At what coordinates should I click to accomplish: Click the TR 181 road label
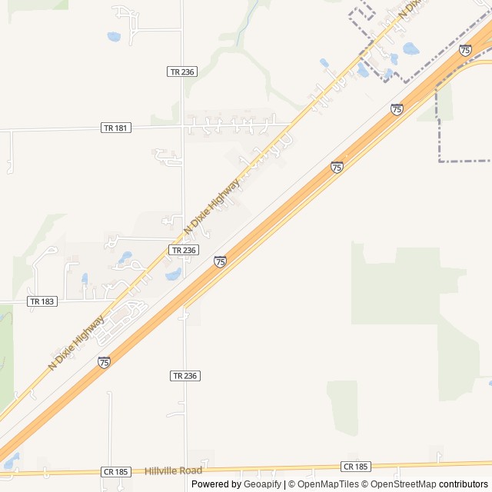(x=115, y=128)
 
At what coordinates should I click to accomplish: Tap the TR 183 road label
(x=42, y=301)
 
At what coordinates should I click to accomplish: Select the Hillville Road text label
(x=173, y=470)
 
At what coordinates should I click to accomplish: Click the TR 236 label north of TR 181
(x=182, y=71)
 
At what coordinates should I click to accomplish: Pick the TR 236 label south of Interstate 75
(x=184, y=375)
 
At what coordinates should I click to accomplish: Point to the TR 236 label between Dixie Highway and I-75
(x=184, y=250)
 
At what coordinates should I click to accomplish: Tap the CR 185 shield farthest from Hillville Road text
(x=355, y=467)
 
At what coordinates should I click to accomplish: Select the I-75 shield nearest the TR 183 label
(x=104, y=362)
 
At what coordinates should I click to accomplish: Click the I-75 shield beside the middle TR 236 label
(x=221, y=262)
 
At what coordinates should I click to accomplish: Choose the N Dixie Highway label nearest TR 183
(x=76, y=342)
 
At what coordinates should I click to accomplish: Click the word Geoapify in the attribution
(x=263, y=484)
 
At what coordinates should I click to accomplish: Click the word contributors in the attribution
(x=464, y=484)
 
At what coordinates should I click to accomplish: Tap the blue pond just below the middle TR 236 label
(x=174, y=274)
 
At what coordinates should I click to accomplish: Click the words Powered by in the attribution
(x=216, y=484)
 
